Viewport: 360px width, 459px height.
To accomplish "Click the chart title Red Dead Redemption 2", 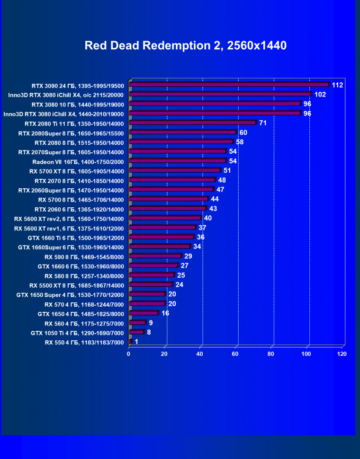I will point(185,45).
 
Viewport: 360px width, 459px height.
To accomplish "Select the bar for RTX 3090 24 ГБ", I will point(229,85).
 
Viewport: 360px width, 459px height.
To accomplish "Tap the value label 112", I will point(337,85).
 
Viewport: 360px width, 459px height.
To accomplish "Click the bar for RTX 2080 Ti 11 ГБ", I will point(193,123).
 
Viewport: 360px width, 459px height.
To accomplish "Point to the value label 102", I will point(320,95).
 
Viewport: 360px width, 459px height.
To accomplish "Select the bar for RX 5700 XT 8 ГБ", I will point(175,170).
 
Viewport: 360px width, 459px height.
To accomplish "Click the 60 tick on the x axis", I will point(235,354).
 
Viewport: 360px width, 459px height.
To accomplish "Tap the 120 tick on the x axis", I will point(342,354).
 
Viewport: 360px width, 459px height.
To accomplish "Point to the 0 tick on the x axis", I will point(128,354).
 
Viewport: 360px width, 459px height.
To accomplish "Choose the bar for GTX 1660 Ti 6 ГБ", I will point(162,237).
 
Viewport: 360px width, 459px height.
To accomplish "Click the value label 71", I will point(263,123).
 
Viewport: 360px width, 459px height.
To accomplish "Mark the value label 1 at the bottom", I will point(136,342).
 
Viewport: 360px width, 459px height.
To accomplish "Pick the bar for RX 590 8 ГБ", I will point(155,256).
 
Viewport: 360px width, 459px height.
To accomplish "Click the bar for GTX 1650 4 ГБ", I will point(144,313).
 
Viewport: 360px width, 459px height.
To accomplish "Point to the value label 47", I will point(220,190).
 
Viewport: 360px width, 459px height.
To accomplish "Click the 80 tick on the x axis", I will point(271,354).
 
